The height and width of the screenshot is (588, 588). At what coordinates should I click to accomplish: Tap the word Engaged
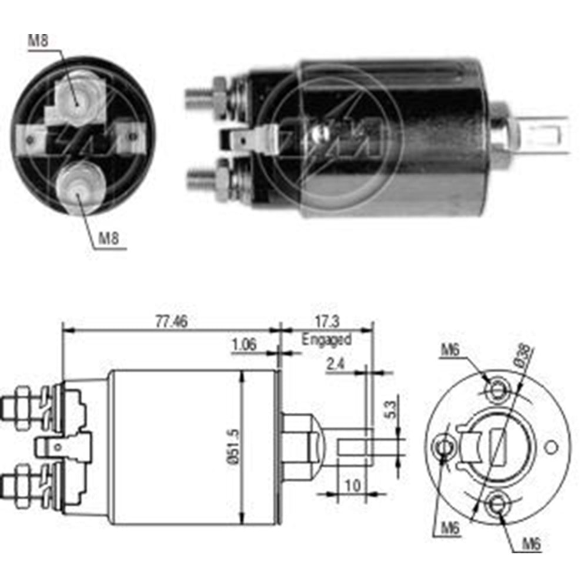click(326, 339)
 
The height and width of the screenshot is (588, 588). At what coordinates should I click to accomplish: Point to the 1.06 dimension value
click(244, 345)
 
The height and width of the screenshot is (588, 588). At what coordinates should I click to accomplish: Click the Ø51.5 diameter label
click(234, 447)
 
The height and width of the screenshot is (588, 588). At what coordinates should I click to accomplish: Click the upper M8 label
click(38, 41)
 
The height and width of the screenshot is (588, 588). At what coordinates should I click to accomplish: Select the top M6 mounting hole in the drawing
click(498, 389)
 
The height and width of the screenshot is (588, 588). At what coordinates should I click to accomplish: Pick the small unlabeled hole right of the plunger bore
click(551, 447)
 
